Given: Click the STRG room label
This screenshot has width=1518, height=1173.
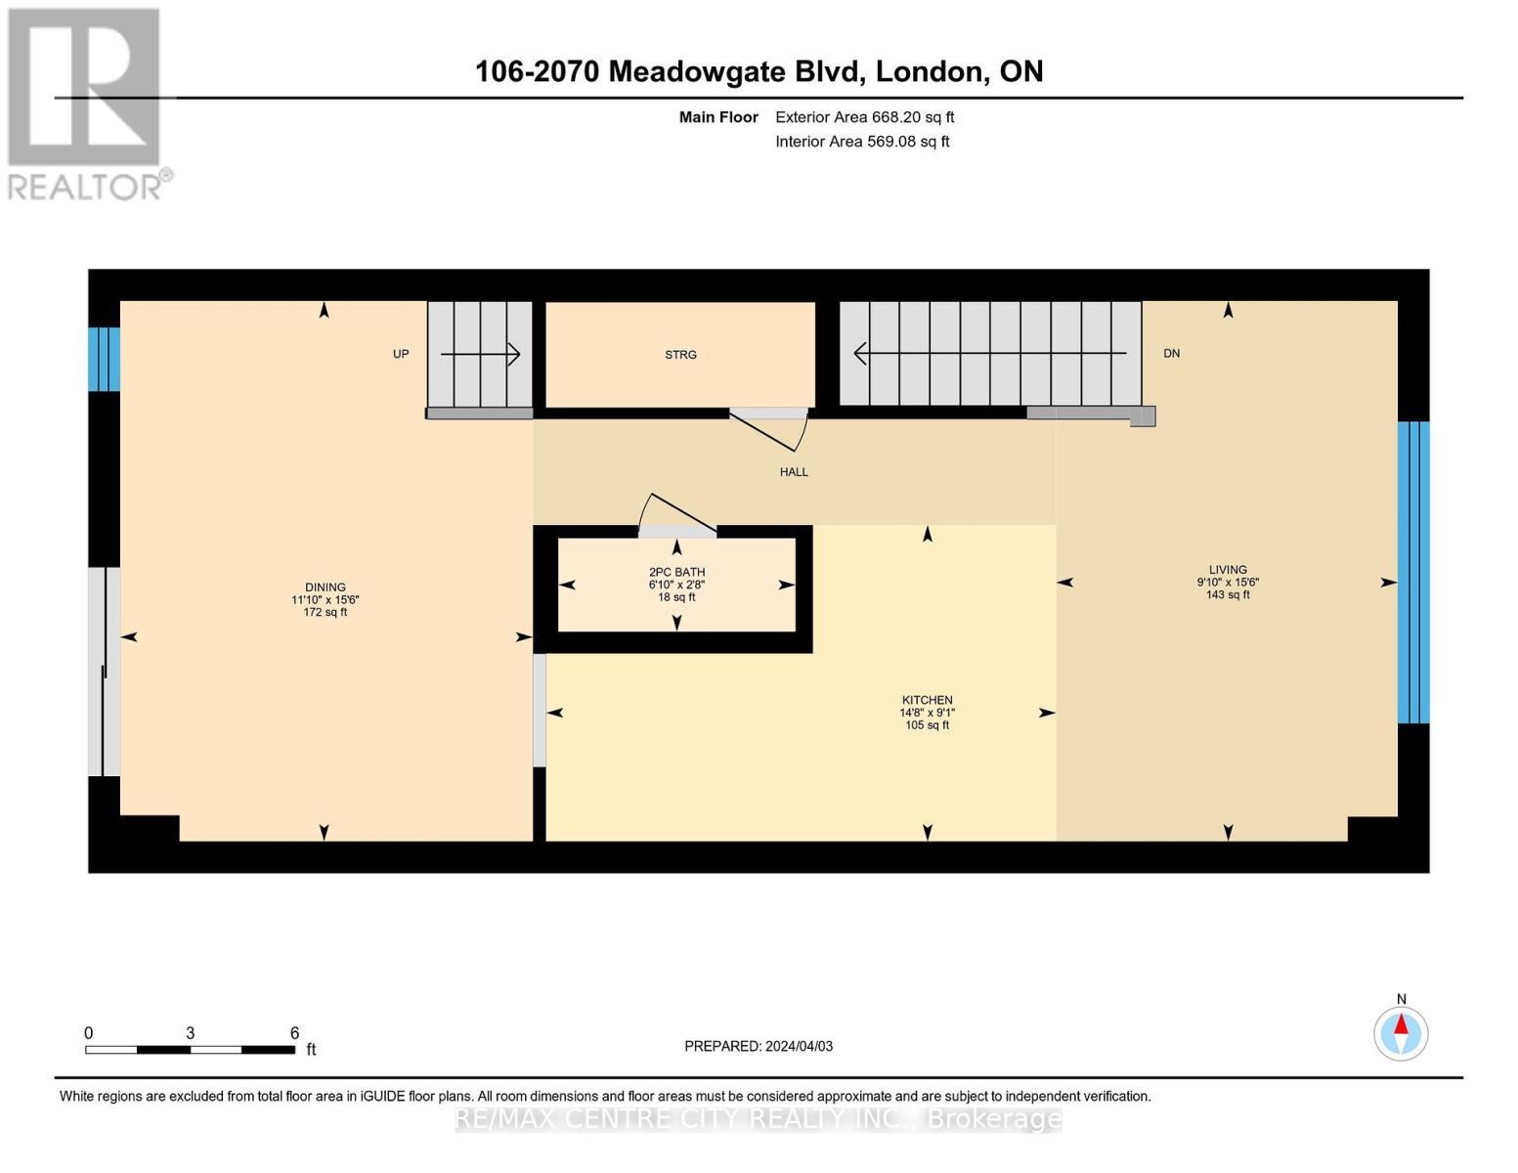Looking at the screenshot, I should coord(680,355).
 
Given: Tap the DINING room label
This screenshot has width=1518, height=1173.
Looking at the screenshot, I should coord(325,587).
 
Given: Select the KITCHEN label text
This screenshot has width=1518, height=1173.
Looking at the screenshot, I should coord(927,700).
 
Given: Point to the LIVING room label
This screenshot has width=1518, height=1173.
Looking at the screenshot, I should coord(1228,570).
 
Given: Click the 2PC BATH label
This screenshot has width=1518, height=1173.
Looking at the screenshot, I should coord(676,572).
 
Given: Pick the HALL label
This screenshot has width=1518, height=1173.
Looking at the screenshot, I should coord(794,472).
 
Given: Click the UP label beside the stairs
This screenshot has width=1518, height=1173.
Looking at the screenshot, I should coord(401,354).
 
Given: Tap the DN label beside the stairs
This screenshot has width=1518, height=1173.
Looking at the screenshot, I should coord(1171,353).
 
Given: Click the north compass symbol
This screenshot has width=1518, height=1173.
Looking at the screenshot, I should coord(1401,1032).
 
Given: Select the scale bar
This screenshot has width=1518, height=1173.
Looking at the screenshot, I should coord(191,1050).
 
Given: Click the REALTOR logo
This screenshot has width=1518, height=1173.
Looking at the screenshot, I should coord(86,103).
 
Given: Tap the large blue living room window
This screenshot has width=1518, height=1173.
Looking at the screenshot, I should coord(1413,572).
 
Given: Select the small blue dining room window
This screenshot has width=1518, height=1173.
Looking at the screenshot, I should coord(105,359).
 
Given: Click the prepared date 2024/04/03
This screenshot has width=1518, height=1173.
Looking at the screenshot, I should coord(759,1046).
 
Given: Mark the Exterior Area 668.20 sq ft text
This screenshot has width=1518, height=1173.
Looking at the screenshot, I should coord(864,117).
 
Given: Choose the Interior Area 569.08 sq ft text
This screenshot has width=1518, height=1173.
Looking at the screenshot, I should coord(862,142).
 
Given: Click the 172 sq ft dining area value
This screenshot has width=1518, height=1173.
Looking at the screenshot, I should coord(325,613).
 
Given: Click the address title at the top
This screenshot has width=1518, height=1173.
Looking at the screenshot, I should coord(759,71).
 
